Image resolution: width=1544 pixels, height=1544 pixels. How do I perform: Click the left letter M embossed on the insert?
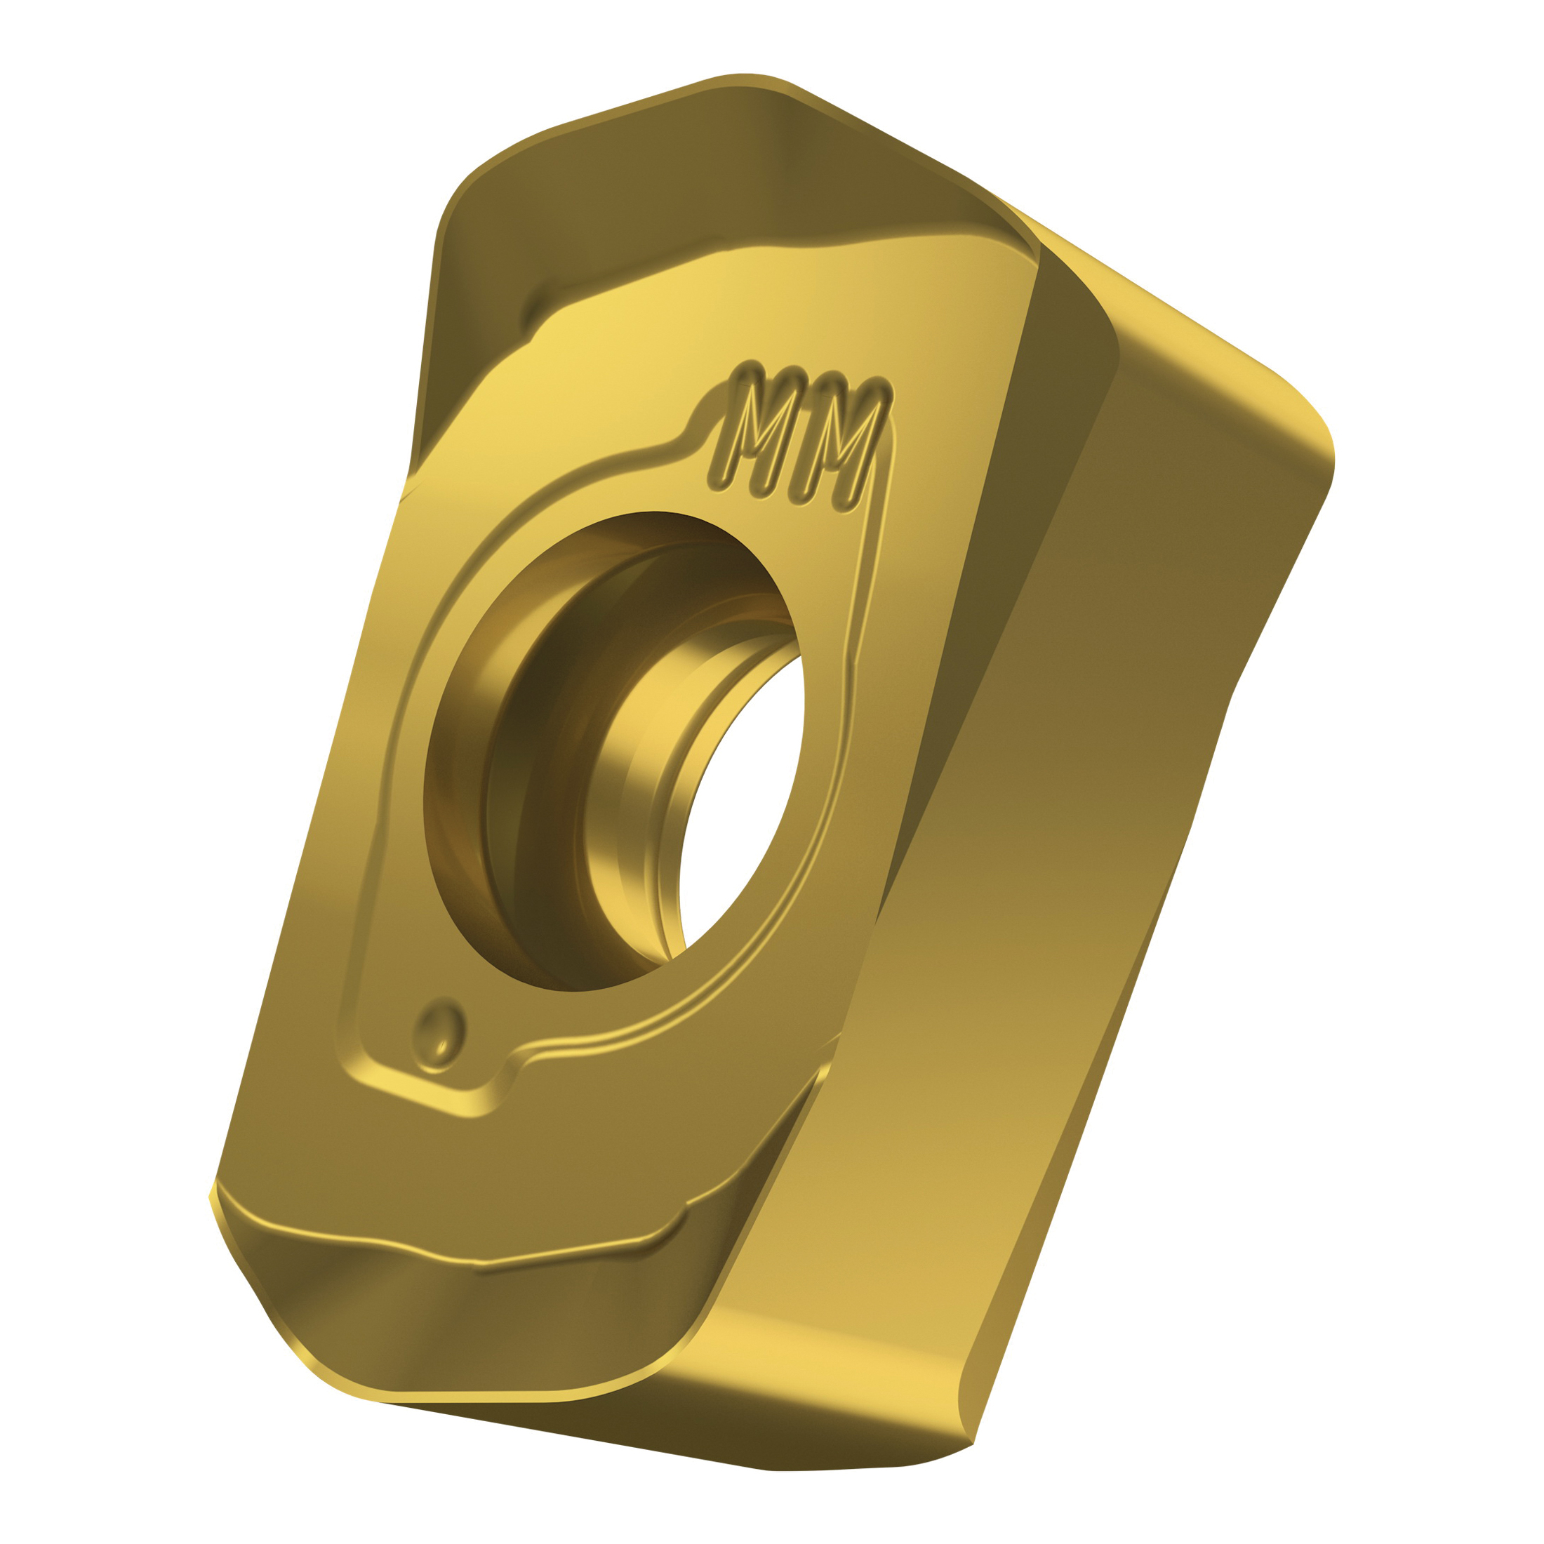tap(752, 431)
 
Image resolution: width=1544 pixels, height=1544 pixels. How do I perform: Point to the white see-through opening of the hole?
tap(739, 807)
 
